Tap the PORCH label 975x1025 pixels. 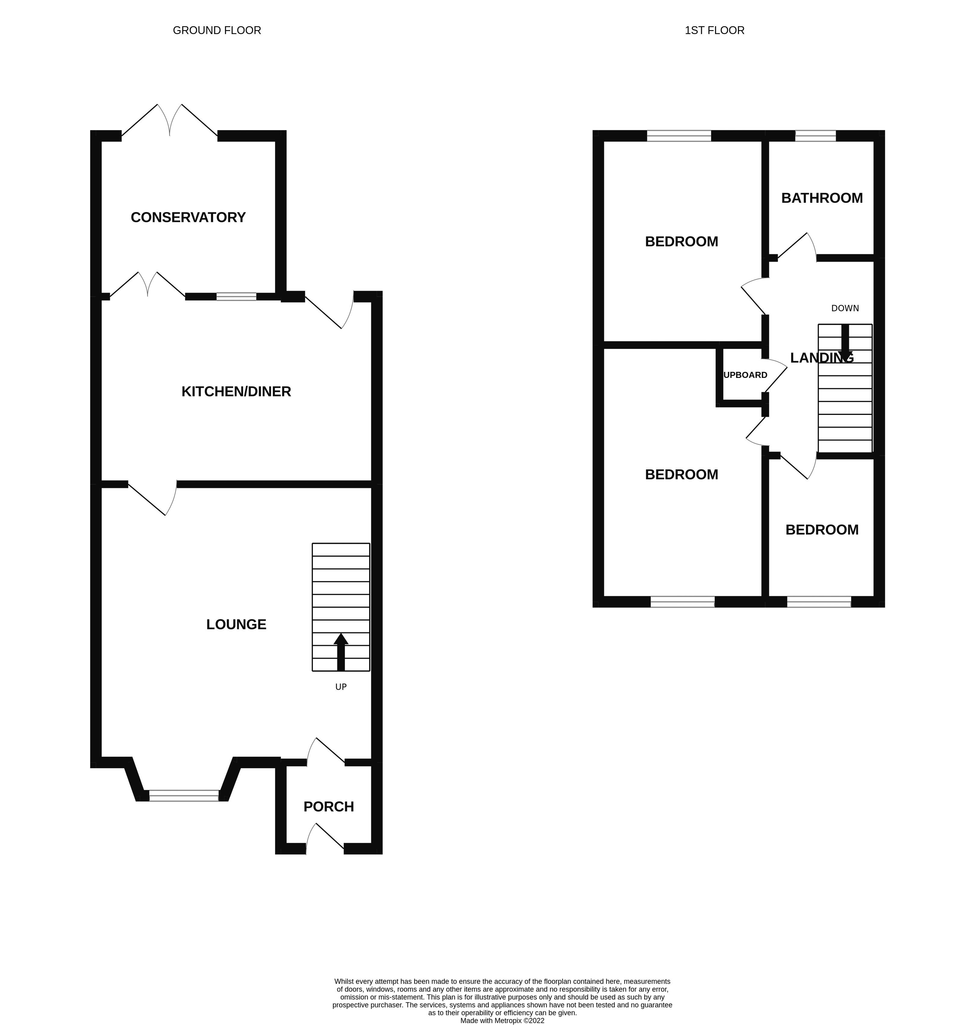coord(329,806)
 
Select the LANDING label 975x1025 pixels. coord(821,357)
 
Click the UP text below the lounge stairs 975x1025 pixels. coord(341,687)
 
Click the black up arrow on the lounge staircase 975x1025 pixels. coord(341,652)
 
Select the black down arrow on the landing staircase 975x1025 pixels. coord(845,343)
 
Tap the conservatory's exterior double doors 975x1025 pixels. coord(170,122)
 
